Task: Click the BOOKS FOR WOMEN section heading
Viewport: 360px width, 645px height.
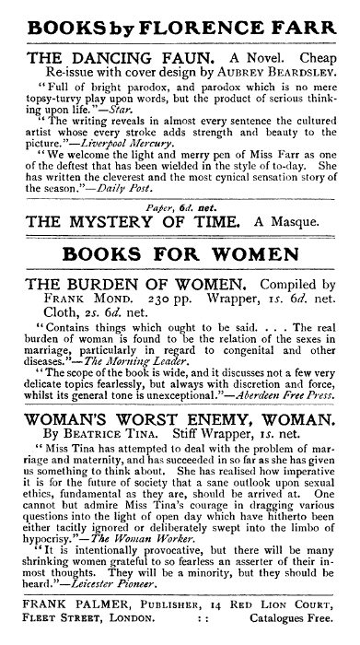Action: point(180,280)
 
